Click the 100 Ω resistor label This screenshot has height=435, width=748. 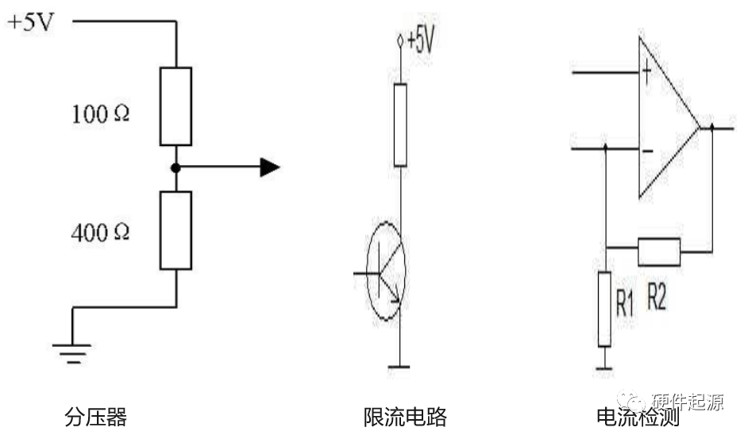click(x=100, y=114)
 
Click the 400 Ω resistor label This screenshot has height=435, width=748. click(x=100, y=233)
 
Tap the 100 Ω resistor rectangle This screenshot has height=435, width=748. click(x=175, y=106)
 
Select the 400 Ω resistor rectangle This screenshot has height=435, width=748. click(x=175, y=229)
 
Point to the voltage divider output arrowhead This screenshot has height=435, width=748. click(x=270, y=167)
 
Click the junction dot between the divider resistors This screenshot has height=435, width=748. click(x=175, y=167)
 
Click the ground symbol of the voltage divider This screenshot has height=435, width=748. click(x=73, y=349)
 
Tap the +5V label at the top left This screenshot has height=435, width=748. click(x=30, y=22)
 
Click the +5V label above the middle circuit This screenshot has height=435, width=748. click(x=420, y=42)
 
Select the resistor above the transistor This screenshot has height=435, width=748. click(x=400, y=124)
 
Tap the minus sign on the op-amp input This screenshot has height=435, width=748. click(x=647, y=150)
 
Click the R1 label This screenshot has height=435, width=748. click(x=625, y=306)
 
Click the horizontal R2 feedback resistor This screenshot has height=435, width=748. click(x=659, y=252)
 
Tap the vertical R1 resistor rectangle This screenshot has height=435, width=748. click(x=604, y=308)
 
